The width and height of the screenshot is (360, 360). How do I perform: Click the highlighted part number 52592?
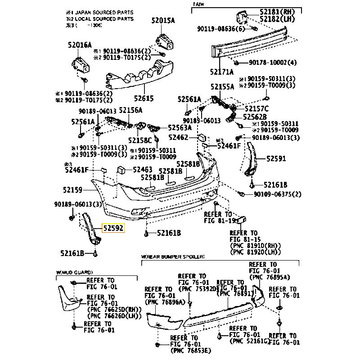114,229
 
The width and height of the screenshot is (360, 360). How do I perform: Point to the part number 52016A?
80,45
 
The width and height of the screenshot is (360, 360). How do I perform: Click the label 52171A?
221,72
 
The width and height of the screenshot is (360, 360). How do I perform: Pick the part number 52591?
276,158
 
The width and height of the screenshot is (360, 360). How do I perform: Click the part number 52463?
143,170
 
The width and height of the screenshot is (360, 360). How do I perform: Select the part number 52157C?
256,108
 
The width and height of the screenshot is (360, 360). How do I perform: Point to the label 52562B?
255,117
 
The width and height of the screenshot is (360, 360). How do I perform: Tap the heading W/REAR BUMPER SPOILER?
173,256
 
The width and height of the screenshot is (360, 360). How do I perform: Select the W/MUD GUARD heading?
74,272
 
